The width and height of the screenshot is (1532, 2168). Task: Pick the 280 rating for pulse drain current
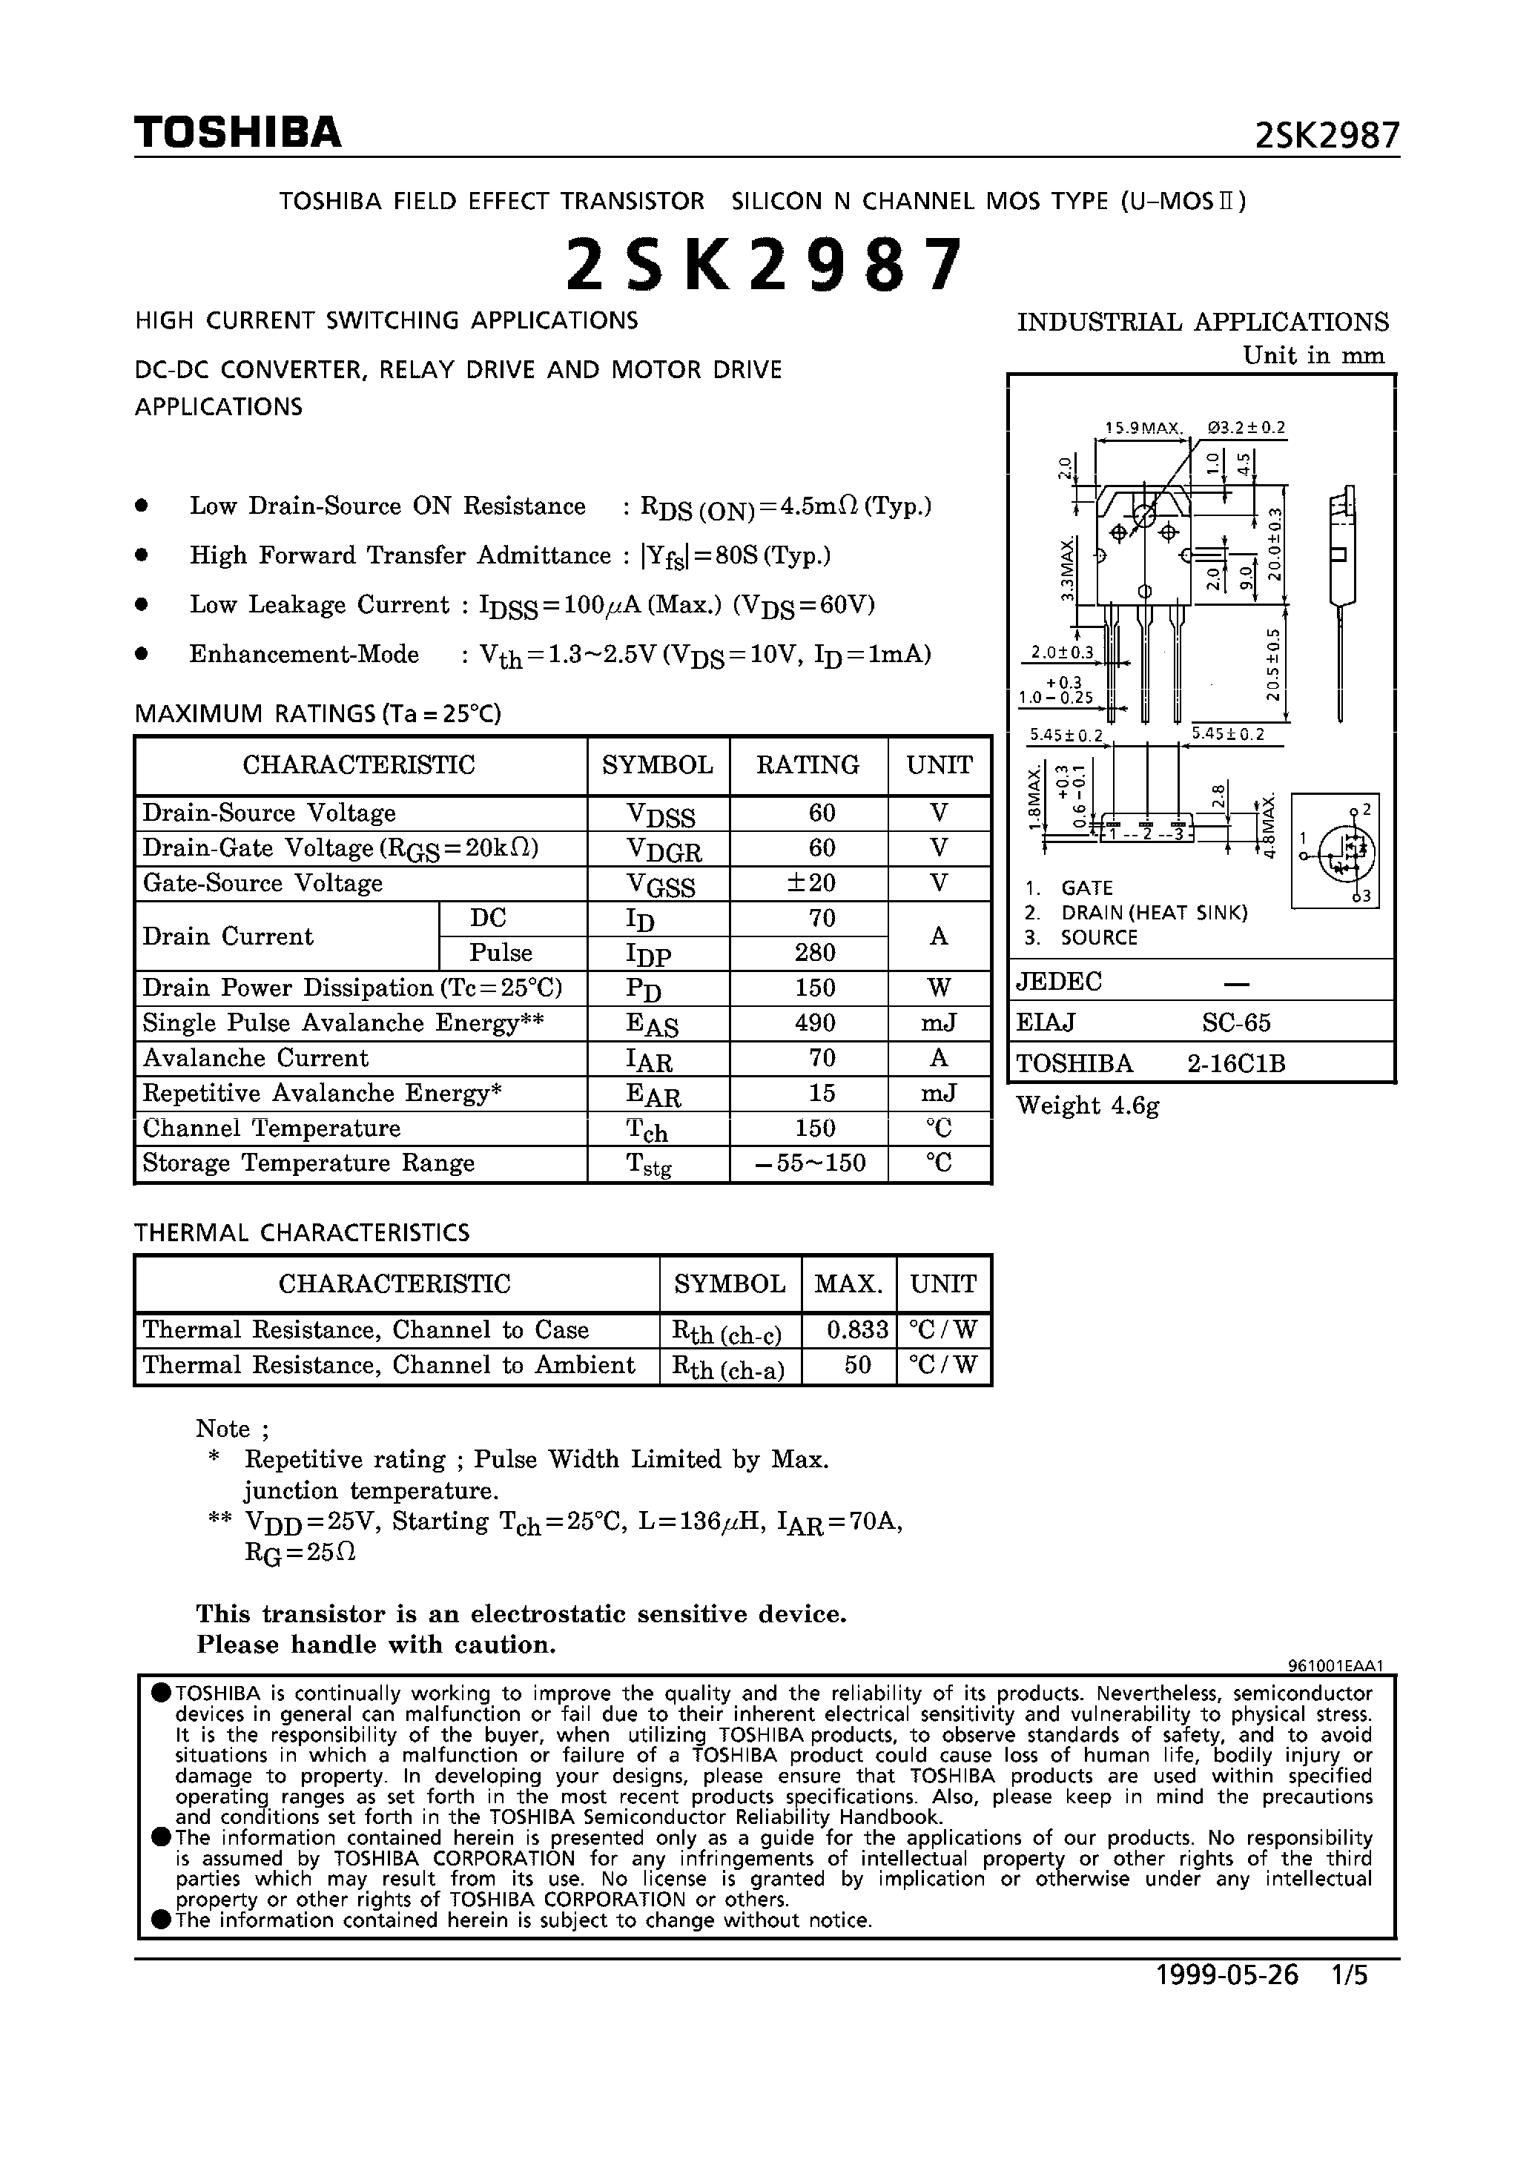point(814,952)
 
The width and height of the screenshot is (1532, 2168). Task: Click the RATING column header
point(808,765)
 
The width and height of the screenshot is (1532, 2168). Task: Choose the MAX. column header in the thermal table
point(848,1283)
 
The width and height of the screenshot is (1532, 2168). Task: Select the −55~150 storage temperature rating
point(811,1163)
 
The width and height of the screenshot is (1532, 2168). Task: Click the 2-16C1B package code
point(1235,1064)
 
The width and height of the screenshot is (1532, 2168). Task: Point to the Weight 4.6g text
point(1087,1106)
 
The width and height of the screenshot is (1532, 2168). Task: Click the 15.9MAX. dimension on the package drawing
point(1143,428)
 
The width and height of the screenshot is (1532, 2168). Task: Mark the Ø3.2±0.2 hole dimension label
point(1246,427)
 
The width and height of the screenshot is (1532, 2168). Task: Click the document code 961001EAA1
point(1335,1667)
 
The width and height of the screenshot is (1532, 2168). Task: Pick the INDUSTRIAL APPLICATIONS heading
point(1202,322)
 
